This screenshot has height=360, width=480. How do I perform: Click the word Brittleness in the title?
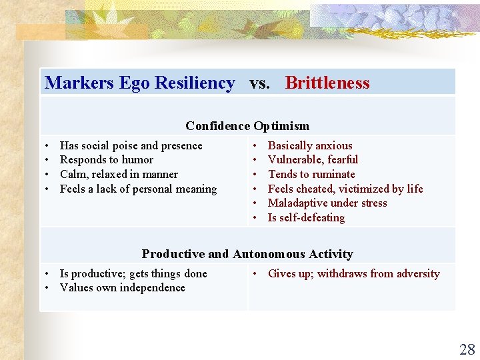click(327, 83)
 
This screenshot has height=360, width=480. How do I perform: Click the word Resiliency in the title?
click(195, 83)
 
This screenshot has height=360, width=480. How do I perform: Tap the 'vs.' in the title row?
click(260, 83)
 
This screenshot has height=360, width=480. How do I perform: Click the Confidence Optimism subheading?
click(247, 126)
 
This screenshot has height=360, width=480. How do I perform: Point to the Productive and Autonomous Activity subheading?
click(247, 254)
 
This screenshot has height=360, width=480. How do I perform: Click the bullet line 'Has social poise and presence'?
click(131, 145)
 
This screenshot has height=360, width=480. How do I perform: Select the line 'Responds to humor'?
click(107, 160)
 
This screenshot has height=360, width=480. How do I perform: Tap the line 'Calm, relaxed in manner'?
click(119, 175)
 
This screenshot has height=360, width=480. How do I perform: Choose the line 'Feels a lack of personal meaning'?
click(138, 189)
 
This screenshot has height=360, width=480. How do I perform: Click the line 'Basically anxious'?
click(310, 145)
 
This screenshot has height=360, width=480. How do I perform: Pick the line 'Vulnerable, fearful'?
click(313, 160)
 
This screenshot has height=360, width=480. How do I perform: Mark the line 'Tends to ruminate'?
click(311, 175)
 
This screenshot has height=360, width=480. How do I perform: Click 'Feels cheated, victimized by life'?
click(345, 189)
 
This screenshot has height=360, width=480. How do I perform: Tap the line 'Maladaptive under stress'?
click(327, 203)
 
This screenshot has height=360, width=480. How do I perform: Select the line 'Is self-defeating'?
click(306, 218)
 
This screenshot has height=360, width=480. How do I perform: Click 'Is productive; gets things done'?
click(133, 274)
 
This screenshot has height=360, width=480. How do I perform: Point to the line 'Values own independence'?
click(122, 288)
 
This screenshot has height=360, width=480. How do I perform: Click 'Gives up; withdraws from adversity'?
click(353, 274)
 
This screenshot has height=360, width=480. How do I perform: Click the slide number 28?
click(467, 349)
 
